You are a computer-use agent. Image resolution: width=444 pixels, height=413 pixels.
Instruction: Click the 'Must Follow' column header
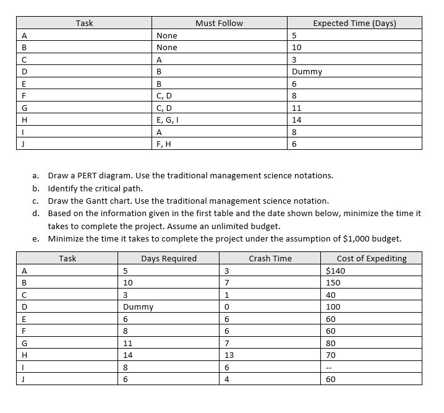click(219, 24)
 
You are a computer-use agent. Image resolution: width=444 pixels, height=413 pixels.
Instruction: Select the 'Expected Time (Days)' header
click(354, 24)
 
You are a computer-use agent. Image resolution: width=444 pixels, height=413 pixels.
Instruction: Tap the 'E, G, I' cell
click(168, 120)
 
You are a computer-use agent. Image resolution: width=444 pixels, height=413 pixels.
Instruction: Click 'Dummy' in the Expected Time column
click(307, 71)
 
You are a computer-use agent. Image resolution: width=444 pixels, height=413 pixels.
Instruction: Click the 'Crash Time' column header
click(270, 258)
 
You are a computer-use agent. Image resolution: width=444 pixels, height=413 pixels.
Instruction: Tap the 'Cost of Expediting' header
click(371, 258)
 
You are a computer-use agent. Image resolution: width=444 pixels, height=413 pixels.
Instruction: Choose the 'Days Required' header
click(169, 258)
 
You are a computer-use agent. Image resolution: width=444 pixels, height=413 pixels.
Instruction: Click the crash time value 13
click(229, 355)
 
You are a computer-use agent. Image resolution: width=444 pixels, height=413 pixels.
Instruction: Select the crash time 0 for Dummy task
click(227, 306)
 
